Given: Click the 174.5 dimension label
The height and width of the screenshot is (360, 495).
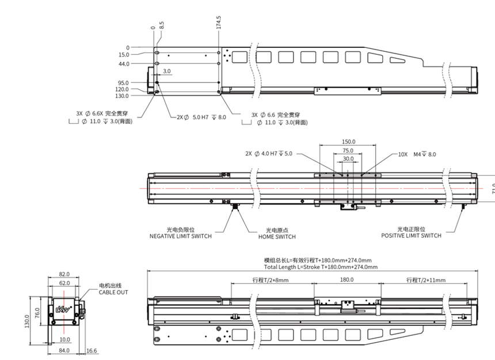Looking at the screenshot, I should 219,21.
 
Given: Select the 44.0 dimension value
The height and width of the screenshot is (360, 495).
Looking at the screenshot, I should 123,64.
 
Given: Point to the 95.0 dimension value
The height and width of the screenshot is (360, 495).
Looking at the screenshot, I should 123,82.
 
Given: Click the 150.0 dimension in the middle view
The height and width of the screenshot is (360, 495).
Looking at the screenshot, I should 348,141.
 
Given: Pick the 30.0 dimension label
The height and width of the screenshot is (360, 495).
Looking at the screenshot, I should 348,158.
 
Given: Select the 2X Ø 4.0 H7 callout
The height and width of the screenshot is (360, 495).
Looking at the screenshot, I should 269,154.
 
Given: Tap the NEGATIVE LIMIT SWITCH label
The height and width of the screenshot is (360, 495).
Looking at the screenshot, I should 180,236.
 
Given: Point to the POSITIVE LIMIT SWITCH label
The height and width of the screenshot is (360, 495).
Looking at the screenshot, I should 412,235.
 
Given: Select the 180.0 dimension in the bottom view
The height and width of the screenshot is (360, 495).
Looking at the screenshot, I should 346,280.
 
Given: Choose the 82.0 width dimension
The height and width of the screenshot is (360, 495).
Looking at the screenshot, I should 64,275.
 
